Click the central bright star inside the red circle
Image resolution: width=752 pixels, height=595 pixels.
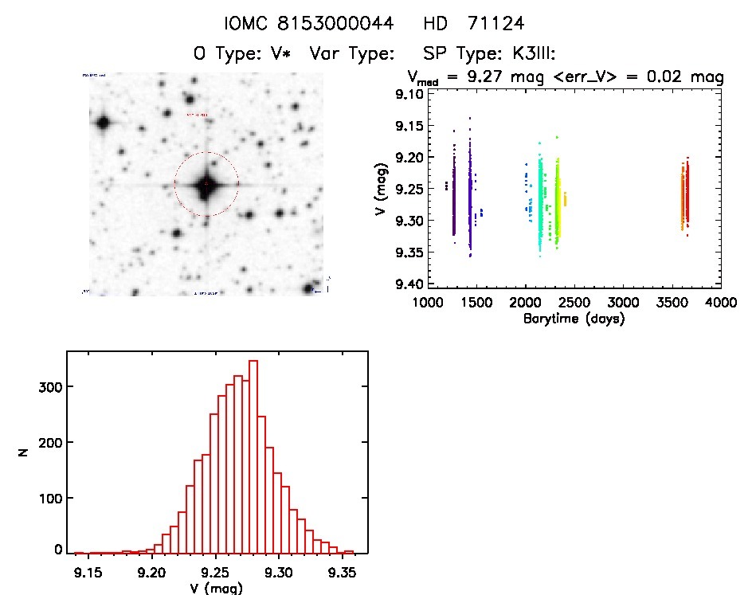pos(206,184)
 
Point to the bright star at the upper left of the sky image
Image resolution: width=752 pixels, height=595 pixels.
pos(103,123)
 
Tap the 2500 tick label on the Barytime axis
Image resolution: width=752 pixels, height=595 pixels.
pos(574,303)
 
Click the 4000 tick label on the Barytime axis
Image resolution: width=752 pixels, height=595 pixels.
pos(720,303)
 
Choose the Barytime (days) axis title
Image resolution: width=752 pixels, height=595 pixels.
pos(574,319)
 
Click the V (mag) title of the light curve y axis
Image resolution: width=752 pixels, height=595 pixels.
pos(383,189)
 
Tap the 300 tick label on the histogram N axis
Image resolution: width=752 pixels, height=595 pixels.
pos(48,387)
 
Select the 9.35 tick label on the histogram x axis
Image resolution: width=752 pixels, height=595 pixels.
pos(343,571)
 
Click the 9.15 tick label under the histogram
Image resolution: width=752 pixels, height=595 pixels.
pos(88,571)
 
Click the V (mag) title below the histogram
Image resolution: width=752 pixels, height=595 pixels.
pos(216,588)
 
